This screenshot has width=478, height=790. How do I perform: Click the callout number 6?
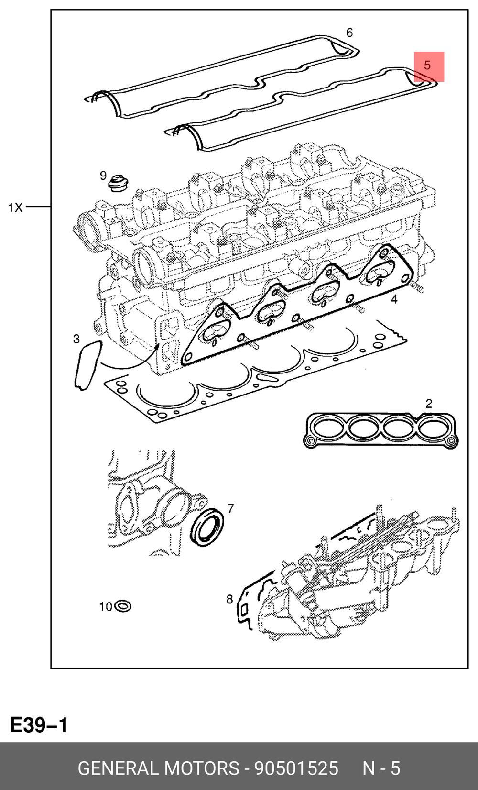click(x=349, y=33)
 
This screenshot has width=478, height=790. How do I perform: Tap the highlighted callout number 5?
click(x=427, y=65)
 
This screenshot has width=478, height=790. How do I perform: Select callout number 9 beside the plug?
click(x=103, y=176)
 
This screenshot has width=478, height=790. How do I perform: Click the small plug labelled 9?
click(x=118, y=183)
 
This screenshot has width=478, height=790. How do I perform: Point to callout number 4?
click(x=394, y=299)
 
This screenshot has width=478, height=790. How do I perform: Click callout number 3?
click(x=76, y=339)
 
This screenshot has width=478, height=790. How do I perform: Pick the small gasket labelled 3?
click(x=87, y=365)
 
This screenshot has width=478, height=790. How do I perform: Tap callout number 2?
click(x=429, y=404)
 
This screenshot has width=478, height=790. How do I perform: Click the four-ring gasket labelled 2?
click(x=380, y=430)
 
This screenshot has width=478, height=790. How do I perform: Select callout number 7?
click(x=230, y=508)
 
